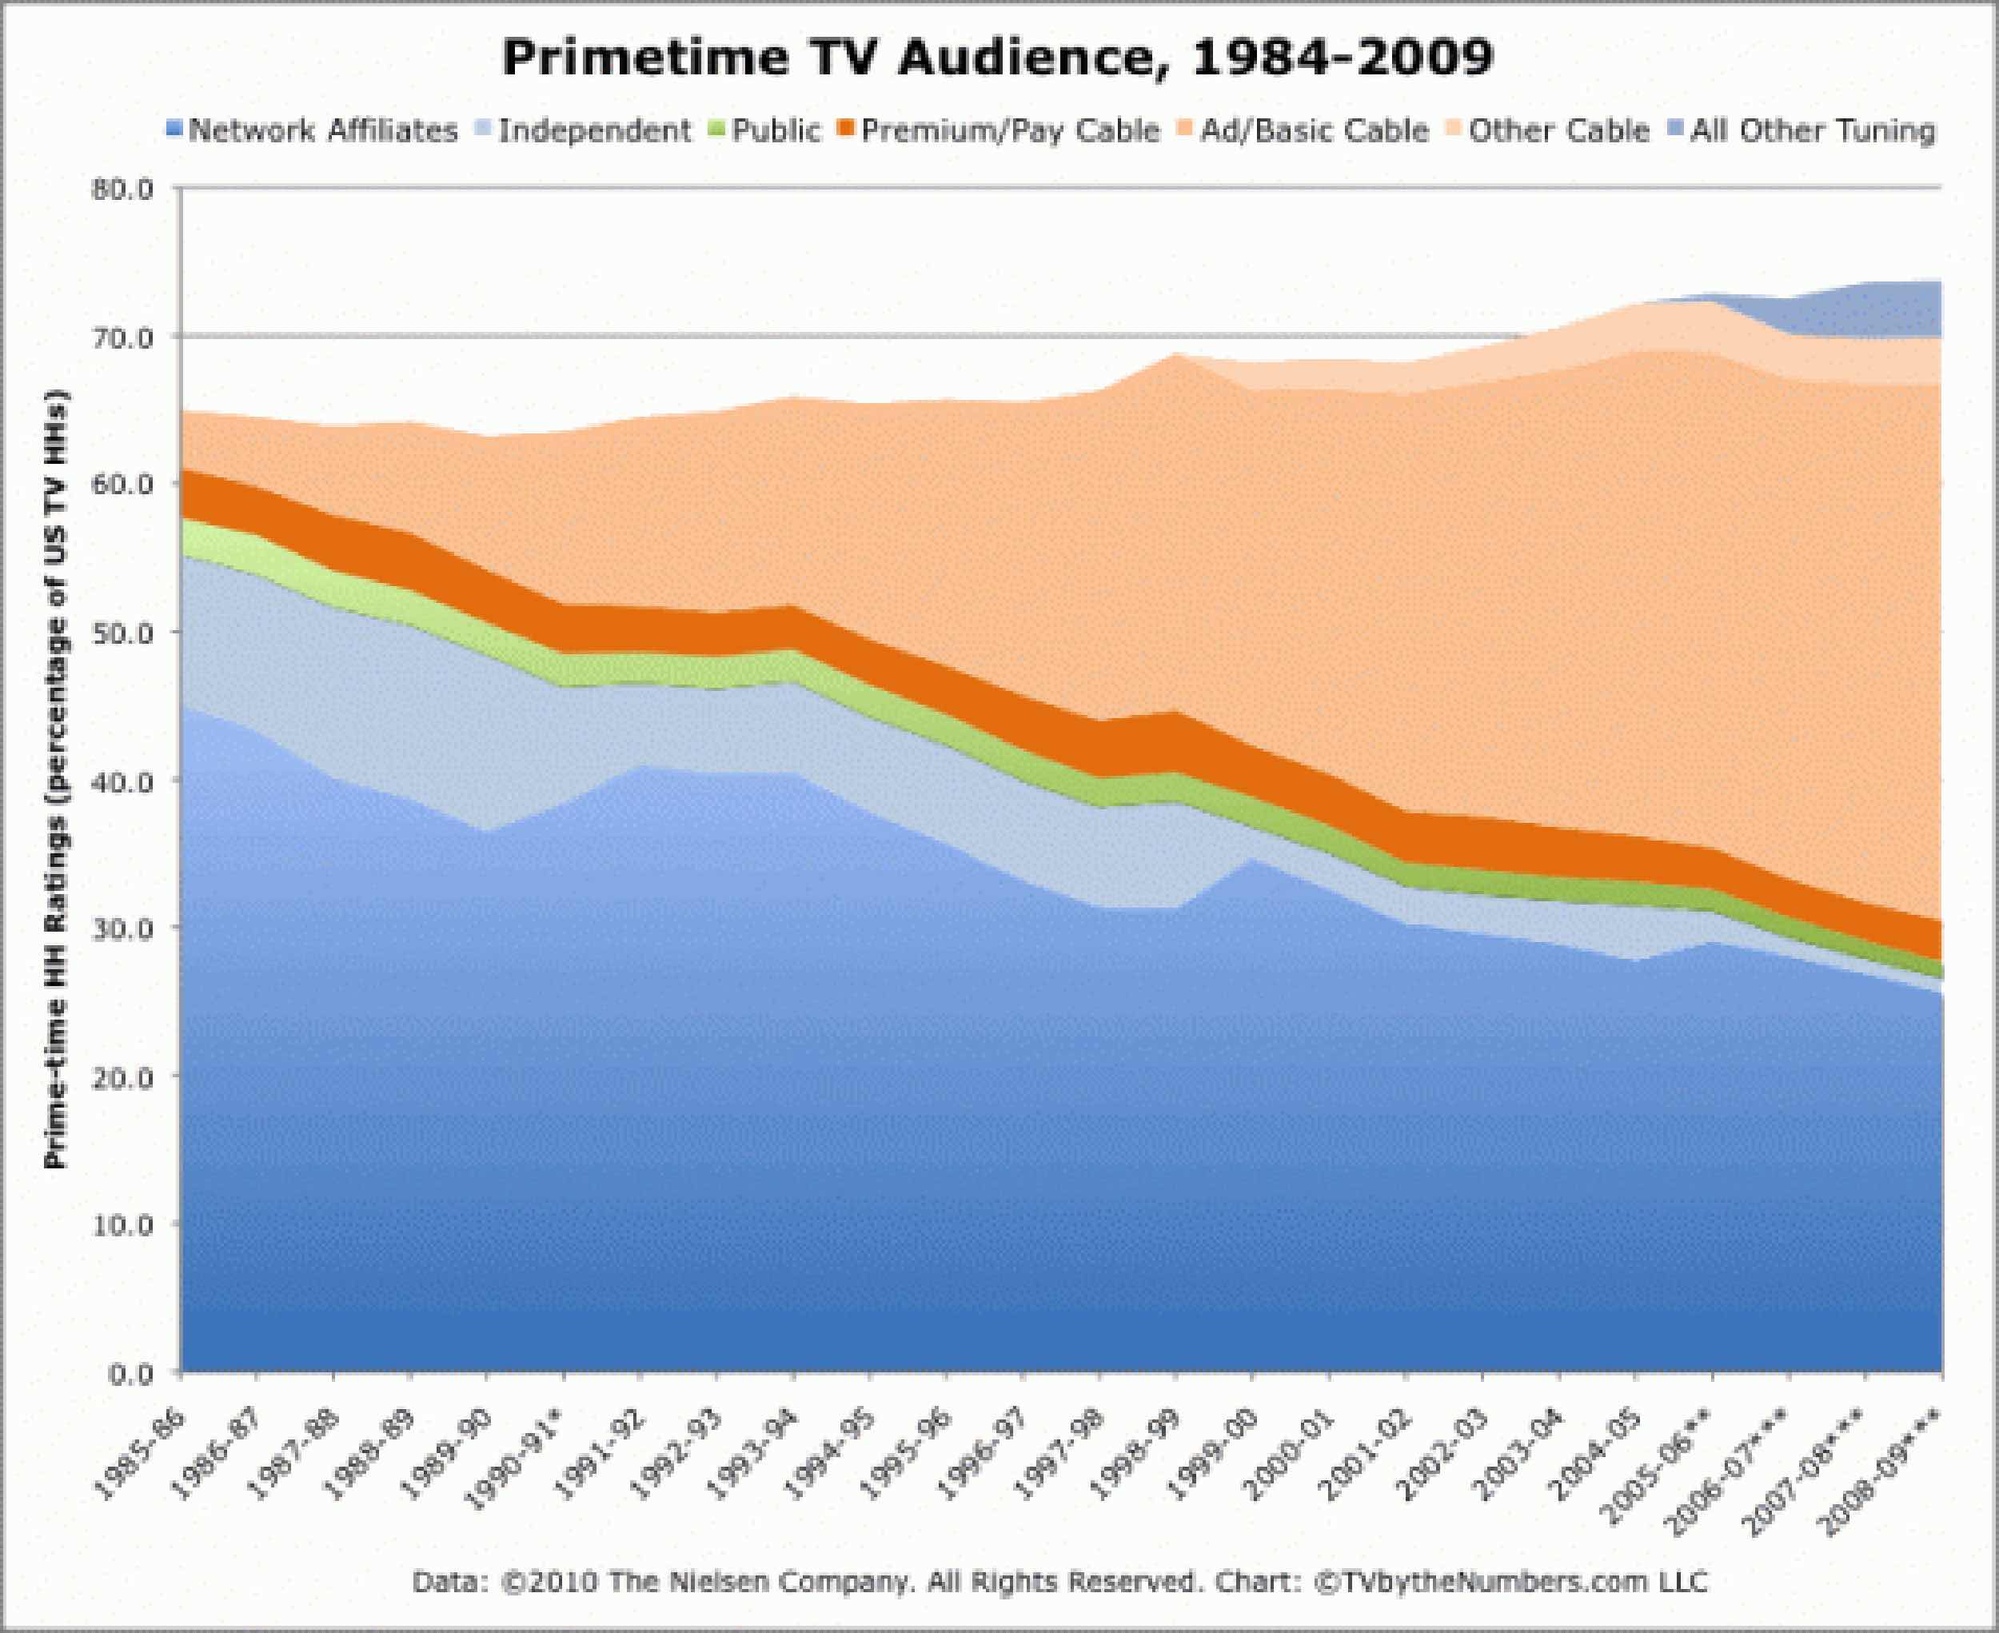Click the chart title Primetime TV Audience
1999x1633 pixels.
pyautogui.click(x=998, y=58)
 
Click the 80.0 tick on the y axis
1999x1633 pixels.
pyautogui.click(x=122, y=189)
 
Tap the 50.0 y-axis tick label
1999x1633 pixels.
pyautogui.click(x=122, y=632)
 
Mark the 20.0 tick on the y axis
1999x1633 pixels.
pyautogui.click(x=122, y=1077)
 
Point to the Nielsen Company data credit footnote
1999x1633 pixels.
pyautogui.click(x=1059, y=1581)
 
